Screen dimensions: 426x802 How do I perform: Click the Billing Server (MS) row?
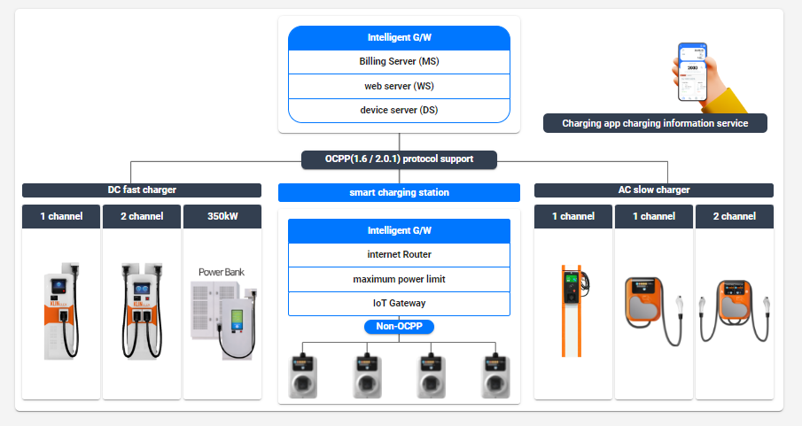(x=399, y=62)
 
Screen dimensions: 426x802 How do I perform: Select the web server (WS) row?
(x=399, y=86)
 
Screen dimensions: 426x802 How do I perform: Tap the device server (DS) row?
(x=399, y=110)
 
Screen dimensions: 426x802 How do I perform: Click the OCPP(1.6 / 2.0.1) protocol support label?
(x=399, y=159)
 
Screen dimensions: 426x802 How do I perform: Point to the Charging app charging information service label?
(x=655, y=123)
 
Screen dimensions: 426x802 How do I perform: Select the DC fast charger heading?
(x=142, y=190)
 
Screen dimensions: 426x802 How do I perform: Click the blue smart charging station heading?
(x=399, y=192)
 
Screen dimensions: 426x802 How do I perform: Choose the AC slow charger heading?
(x=654, y=190)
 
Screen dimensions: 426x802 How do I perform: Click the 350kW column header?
(x=222, y=216)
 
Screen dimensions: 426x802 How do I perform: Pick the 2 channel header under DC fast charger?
(x=142, y=216)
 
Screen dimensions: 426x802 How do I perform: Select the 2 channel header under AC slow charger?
(x=735, y=216)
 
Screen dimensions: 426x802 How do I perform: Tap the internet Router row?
(x=399, y=255)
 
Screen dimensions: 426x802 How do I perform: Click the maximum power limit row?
(x=399, y=279)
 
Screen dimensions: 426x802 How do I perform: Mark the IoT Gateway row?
(x=399, y=303)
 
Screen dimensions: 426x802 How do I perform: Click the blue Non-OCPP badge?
(x=399, y=326)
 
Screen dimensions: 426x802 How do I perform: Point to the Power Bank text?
(x=222, y=272)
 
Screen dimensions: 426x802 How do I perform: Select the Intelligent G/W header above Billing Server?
(x=399, y=38)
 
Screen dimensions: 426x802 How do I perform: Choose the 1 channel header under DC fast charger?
(x=62, y=216)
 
